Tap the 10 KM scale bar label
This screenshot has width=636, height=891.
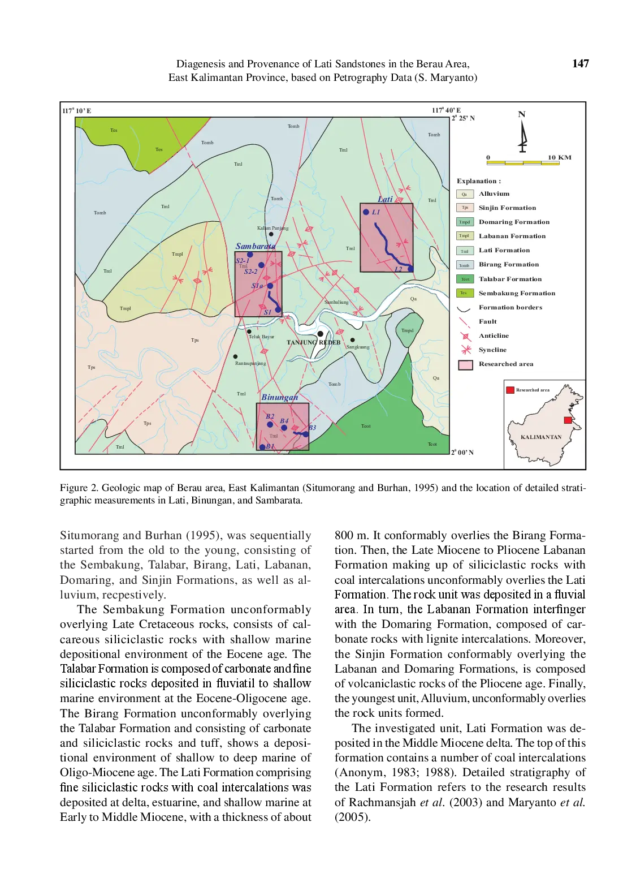559,157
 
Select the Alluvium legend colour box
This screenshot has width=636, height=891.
464,194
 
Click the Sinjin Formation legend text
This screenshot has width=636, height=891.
507,208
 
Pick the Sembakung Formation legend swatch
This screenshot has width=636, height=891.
464,293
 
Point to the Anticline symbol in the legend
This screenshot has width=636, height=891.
465,336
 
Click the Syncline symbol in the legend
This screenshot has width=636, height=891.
466,350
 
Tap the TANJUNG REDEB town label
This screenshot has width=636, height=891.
313,342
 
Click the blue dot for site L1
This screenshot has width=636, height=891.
366,212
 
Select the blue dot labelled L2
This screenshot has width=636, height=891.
410,269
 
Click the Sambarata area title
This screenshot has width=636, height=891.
256,246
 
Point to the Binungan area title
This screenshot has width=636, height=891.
279,397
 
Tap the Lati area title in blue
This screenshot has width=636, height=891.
385,199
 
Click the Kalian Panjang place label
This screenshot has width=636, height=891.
272,228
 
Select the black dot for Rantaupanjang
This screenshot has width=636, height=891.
235,356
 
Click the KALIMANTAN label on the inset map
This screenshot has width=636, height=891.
540,437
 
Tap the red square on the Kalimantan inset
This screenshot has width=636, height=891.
568,420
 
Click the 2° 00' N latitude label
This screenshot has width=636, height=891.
462,453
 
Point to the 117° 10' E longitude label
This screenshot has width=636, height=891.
76,111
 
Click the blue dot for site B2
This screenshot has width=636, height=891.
270,424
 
